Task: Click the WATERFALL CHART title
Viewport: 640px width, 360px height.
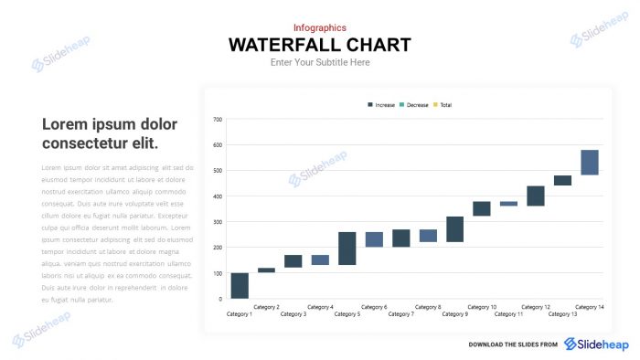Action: (x=319, y=45)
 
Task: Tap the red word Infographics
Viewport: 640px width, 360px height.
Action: (x=319, y=27)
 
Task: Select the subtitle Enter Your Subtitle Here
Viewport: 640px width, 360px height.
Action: (x=320, y=62)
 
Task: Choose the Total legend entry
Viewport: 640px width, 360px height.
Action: (x=445, y=105)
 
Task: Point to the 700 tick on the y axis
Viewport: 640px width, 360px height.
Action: (x=218, y=120)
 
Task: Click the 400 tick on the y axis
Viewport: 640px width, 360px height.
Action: (x=218, y=196)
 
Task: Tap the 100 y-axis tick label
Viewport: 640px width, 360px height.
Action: (x=218, y=273)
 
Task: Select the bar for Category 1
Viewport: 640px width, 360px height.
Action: (x=240, y=285)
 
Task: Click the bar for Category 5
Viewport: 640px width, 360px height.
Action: (x=347, y=249)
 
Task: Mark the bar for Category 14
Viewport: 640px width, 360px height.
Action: (x=590, y=162)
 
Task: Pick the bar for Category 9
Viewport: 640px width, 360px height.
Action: (x=454, y=229)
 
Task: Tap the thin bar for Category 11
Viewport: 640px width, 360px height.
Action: (x=508, y=204)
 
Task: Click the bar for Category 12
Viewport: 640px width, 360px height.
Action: (x=536, y=196)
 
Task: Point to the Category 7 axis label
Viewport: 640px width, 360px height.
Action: (x=400, y=314)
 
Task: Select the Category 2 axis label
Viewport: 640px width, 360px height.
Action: (x=266, y=307)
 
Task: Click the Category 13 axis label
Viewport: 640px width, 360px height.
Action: (x=562, y=314)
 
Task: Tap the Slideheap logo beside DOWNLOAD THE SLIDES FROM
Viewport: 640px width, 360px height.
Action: (x=596, y=344)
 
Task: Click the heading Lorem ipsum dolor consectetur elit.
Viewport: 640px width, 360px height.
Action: (x=110, y=133)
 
